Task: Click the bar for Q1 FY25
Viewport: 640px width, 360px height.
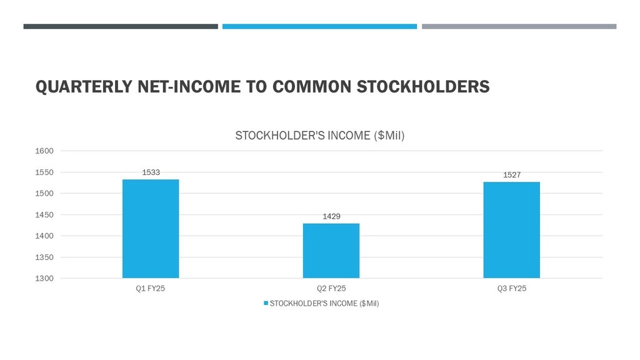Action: [x=151, y=229]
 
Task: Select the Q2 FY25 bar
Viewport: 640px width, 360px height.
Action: [x=331, y=251]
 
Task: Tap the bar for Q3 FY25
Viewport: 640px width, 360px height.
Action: [x=511, y=230]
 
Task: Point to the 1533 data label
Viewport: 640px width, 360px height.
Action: [x=151, y=172]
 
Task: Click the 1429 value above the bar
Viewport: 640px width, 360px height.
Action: [x=331, y=216]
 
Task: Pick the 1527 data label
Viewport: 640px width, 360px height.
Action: [x=512, y=175]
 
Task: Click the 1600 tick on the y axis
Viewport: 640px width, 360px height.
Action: [x=44, y=151]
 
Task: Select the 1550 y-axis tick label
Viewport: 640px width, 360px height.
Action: [x=44, y=172]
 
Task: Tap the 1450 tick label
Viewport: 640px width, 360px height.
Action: [x=44, y=215]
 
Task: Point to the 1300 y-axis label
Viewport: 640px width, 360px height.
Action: [x=44, y=278]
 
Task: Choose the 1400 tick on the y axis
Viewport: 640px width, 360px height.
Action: [x=44, y=236]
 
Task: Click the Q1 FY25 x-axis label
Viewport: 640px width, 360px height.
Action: [x=150, y=289]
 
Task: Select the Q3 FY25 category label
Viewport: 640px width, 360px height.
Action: [x=512, y=289]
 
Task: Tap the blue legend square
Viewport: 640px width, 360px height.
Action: [x=266, y=303]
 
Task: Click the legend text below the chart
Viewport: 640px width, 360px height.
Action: [x=324, y=304]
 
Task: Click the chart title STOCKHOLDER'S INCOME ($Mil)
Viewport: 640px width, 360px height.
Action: [x=319, y=136]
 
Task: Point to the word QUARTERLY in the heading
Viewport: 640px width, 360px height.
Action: [x=84, y=87]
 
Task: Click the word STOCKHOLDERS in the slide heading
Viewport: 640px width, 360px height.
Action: [x=423, y=87]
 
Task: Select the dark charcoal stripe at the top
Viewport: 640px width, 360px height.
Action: [x=121, y=26]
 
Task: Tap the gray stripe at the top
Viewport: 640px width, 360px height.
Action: [x=519, y=26]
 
